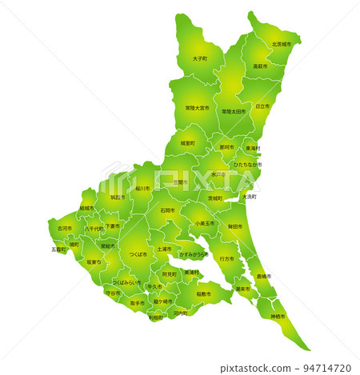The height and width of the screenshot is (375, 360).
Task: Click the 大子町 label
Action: [200, 59]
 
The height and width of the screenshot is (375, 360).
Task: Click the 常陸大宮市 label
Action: [197, 107]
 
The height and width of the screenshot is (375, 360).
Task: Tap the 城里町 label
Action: [187, 142]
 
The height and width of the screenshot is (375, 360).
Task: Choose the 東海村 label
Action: [253, 148]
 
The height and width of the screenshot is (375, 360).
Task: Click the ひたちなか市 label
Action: [248, 165]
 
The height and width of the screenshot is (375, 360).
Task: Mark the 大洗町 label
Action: [249, 196]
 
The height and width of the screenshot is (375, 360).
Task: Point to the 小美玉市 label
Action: [205, 223]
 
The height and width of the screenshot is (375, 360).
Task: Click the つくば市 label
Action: [138, 254]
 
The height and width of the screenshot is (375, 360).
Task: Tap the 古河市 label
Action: [64, 228]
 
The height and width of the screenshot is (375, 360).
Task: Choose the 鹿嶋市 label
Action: [263, 276]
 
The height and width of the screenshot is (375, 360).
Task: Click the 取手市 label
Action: [138, 303]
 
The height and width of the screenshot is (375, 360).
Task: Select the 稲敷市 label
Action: [204, 293]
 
